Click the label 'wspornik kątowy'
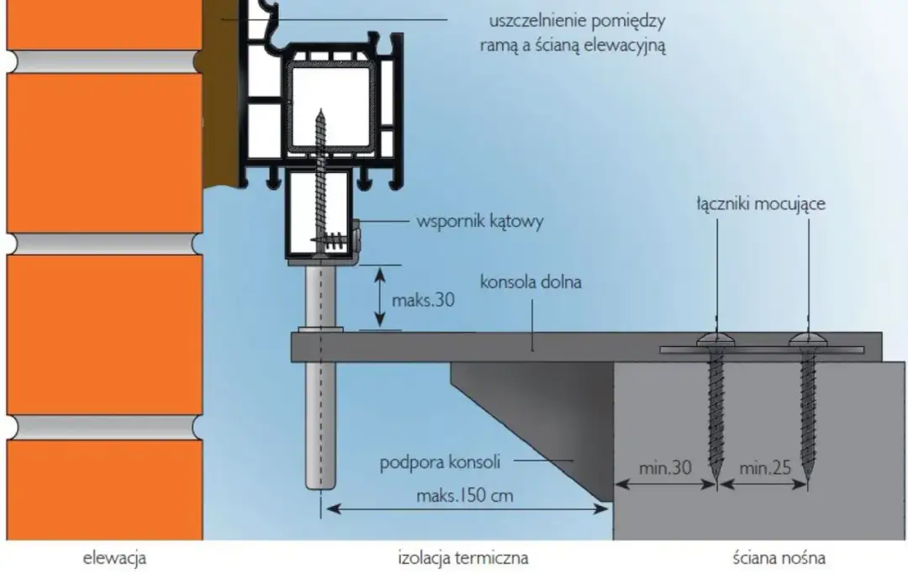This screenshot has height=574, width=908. click(480, 223)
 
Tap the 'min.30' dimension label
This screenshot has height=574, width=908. click(664, 468)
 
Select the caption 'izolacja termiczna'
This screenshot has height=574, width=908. click(463, 556)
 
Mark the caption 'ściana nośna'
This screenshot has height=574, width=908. click(779, 556)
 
